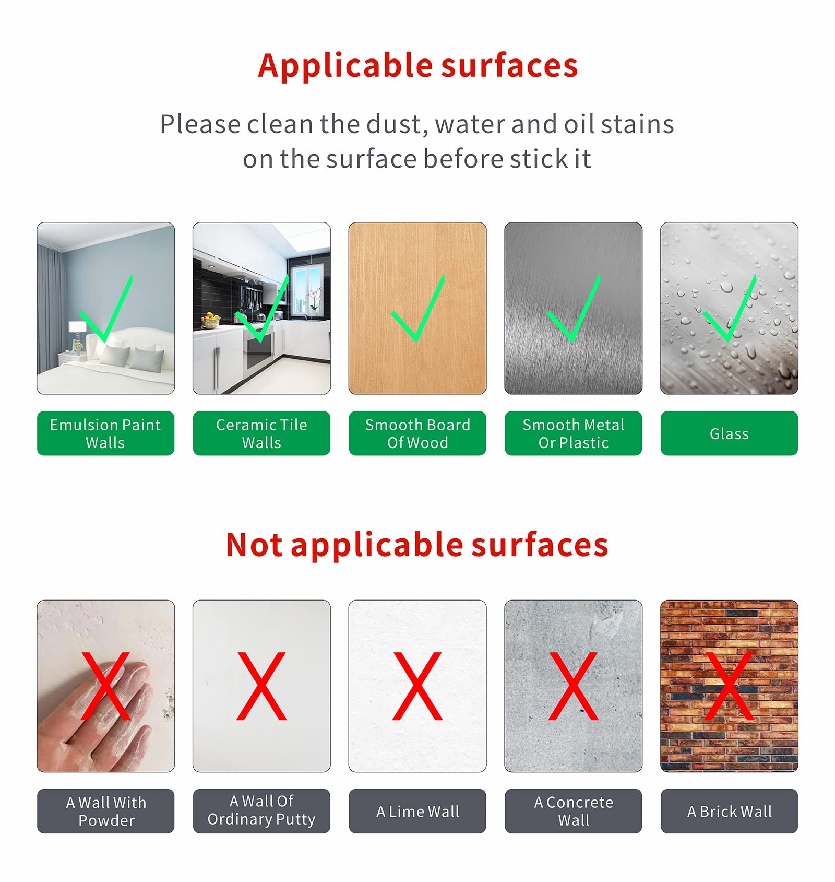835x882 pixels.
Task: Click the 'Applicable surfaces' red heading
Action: pos(418,66)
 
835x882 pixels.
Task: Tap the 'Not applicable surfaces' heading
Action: pos(417,545)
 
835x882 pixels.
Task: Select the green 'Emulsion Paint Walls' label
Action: pos(105,433)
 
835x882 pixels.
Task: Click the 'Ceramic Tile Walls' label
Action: pos(261,433)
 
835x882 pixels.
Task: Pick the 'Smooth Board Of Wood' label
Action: pos(417,433)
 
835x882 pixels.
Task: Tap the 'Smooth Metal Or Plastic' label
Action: pos(574,433)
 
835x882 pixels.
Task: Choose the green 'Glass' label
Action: pos(729,433)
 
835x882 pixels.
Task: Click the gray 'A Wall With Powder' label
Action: pos(105,811)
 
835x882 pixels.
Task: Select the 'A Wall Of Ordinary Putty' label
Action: pos(261,811)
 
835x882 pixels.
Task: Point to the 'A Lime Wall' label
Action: pos(417,811)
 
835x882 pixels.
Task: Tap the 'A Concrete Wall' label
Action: pos(574,811)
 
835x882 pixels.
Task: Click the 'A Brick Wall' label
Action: pos(729,811)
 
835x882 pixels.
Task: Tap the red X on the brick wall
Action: pos(729,686)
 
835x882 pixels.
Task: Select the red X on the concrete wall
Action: pos(573,686)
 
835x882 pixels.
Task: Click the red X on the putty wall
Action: pos(261,686)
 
